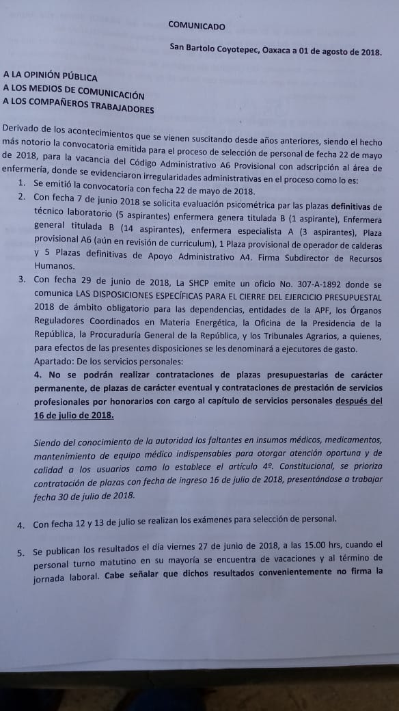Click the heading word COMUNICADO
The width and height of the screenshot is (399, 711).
pos(196,27)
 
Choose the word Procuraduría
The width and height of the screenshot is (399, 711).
pos(139,335)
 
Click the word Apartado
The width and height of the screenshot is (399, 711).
pos(54,361)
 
